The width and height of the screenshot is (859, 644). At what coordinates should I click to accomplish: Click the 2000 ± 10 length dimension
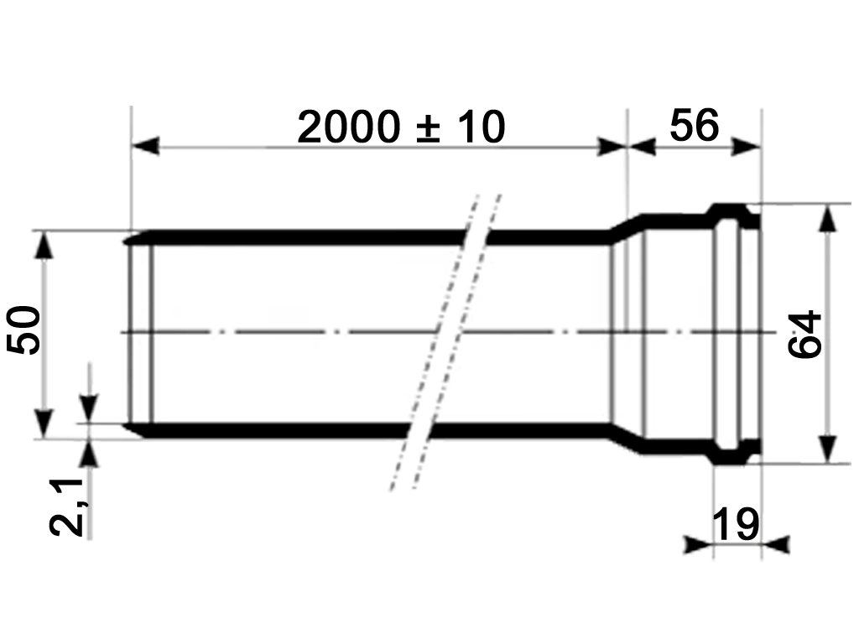pos(401,127)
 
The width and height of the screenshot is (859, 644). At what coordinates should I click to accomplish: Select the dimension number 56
pos(694,126)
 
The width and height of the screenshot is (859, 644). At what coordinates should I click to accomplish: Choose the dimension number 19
pos(735,524)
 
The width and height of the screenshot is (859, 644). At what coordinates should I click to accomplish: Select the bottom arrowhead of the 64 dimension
pos(828,447)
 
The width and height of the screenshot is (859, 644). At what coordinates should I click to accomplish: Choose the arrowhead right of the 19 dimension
pos(777,544)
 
